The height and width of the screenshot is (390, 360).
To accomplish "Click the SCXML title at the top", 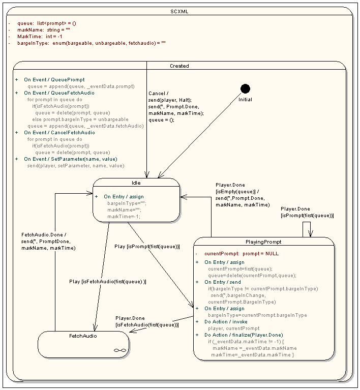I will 179,11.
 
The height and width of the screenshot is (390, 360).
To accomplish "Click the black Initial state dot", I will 245,89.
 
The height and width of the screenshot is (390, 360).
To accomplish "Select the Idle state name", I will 136,183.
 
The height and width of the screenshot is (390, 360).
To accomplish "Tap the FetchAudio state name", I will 83,336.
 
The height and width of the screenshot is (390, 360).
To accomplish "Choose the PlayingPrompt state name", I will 263,242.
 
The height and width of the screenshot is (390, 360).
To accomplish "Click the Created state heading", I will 179,66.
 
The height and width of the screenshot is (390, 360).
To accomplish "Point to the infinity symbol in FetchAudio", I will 119,350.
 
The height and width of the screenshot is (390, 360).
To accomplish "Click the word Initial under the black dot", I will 245,100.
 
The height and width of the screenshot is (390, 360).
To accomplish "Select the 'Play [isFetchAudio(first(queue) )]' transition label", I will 107,282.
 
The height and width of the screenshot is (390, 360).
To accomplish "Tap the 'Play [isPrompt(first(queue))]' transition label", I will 147,247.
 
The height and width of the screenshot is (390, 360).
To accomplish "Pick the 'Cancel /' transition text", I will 157,94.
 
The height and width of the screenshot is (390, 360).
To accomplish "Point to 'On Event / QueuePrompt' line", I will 54,80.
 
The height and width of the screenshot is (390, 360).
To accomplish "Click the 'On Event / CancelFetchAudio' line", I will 59,133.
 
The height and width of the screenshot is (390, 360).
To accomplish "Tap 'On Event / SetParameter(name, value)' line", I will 70,159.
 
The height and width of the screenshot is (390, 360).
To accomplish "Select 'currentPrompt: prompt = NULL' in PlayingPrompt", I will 241,253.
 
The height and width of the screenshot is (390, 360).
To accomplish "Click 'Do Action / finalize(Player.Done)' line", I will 244,335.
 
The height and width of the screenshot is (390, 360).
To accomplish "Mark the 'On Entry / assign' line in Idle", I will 124,196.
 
